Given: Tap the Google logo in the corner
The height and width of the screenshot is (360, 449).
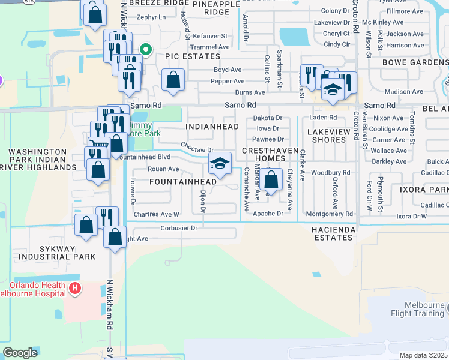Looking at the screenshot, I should point(20,353).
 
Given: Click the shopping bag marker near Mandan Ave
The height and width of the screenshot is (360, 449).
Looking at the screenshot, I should point(271,179).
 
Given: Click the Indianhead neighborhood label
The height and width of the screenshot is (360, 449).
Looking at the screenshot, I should point(212,127).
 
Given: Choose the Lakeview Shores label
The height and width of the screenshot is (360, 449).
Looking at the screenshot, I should point(329,135).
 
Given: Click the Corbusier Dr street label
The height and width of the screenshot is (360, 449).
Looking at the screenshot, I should point(179,228).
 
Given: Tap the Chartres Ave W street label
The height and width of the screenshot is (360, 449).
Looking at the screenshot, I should point(157,214).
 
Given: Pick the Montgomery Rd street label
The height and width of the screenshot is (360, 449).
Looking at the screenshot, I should point(329,214).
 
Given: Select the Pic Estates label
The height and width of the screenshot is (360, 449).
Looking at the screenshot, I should point(193,56).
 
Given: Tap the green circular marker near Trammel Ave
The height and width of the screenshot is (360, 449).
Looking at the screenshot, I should point(145,50).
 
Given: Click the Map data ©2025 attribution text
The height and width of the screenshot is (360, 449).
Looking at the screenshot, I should point(423,355).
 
